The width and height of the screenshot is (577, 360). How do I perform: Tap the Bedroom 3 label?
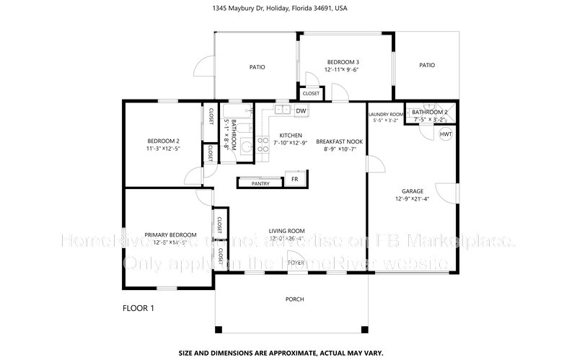point(343,62)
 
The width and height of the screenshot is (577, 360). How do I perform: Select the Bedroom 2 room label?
point(163,141)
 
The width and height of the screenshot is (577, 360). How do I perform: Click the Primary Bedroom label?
point(170,235)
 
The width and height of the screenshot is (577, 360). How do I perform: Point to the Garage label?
point(413,191)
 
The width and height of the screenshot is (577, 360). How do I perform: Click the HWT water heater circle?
point(446,135)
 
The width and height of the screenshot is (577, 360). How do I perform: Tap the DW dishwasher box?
point(301,110)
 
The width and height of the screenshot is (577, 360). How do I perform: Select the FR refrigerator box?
point(294,179)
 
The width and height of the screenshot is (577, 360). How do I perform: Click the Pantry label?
point(260,184)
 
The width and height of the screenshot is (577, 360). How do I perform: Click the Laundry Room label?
point(385,115)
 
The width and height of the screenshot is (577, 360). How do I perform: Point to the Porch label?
point(294,299)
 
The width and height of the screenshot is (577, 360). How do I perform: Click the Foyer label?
point(296,263)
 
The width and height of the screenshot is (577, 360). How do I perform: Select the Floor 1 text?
point(139,308)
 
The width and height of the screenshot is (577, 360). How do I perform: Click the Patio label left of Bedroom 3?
point(257,67)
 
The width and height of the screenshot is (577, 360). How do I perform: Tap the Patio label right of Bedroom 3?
point(427,65)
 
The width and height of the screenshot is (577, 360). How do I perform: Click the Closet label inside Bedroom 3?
point(311,94)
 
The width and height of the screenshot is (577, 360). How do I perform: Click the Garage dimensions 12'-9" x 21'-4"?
point(413,198)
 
